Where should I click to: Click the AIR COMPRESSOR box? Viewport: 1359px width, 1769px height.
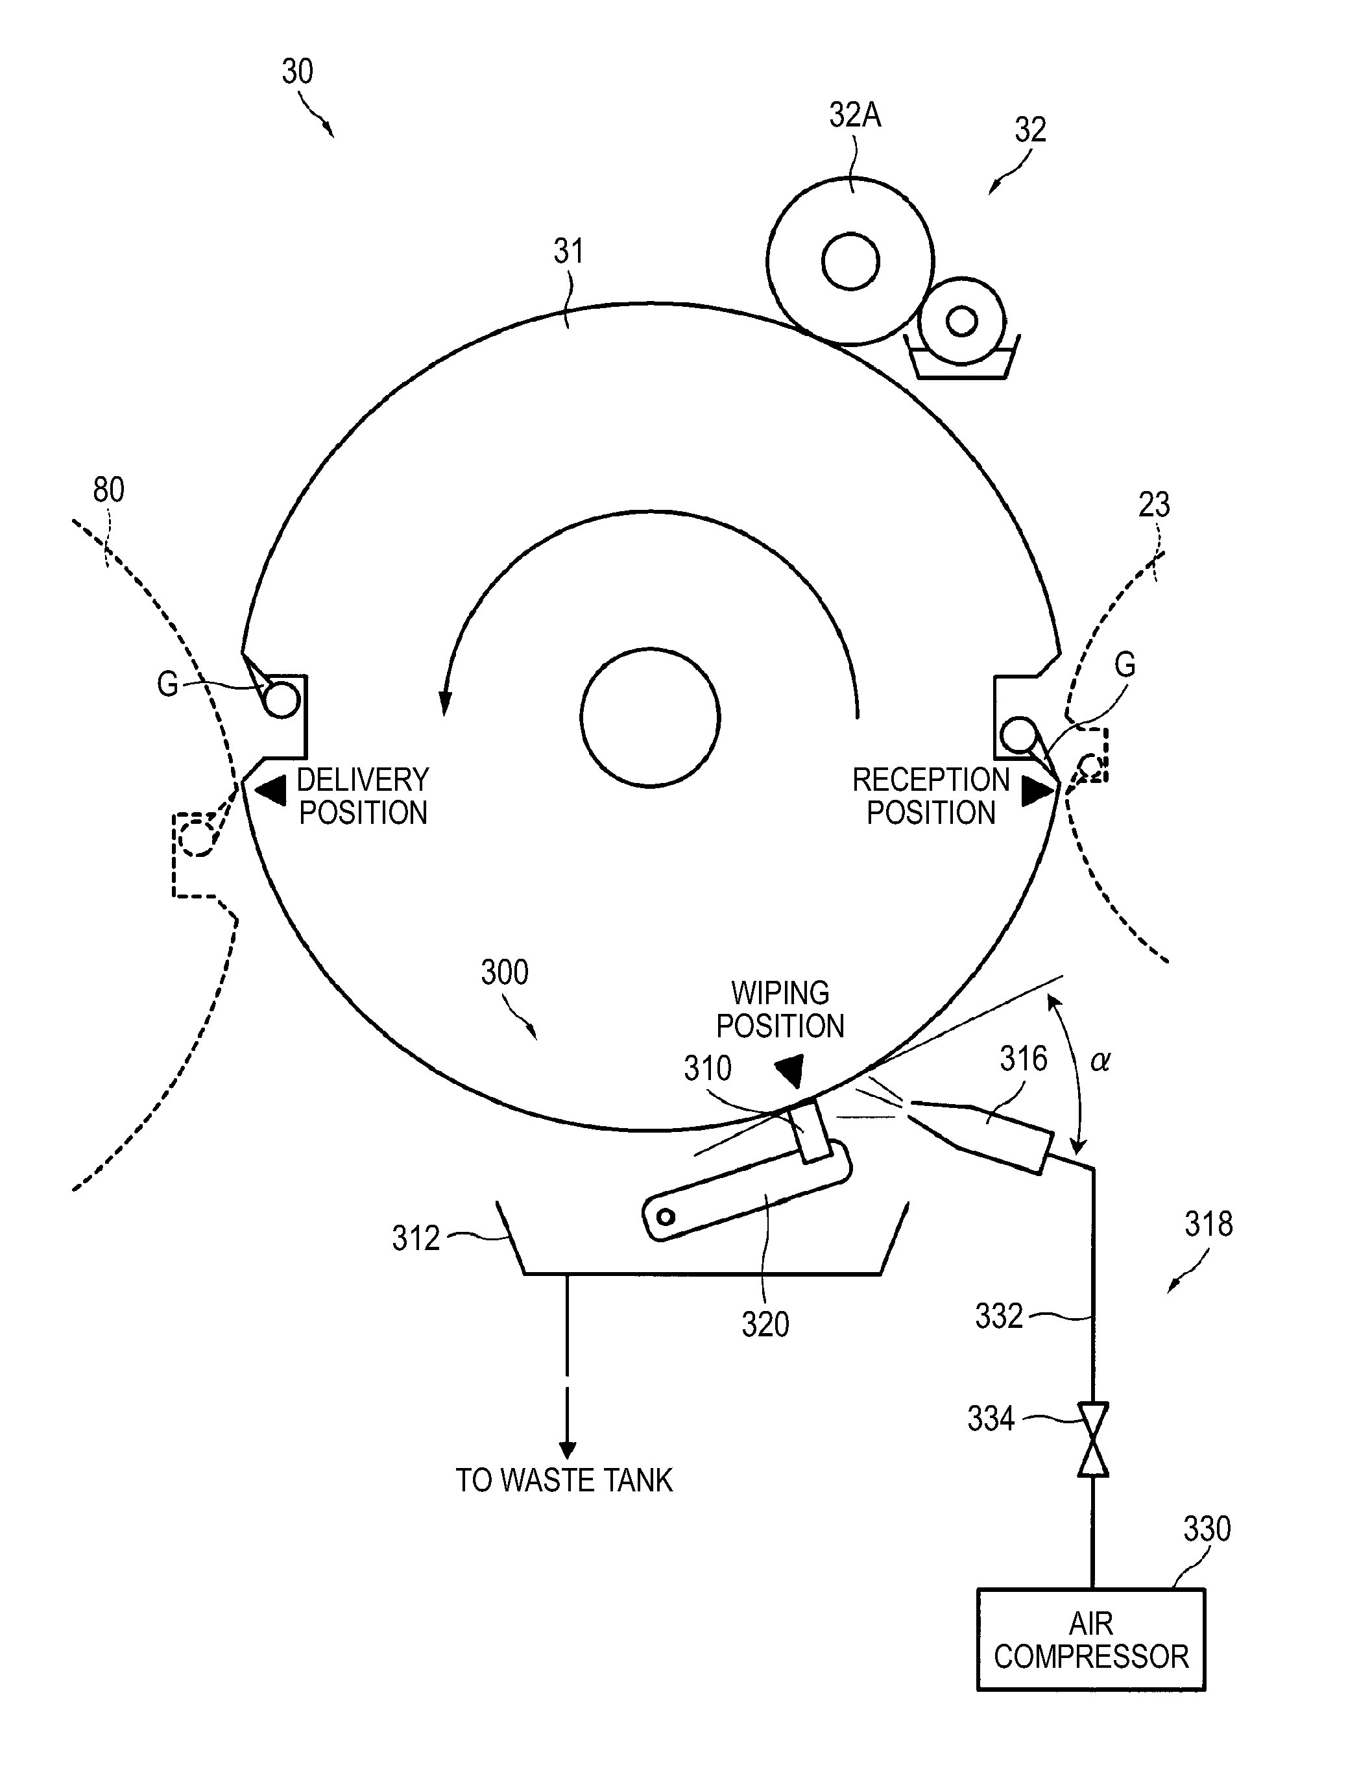[1090, 1639]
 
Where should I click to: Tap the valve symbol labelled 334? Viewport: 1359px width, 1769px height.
[1093, 1439]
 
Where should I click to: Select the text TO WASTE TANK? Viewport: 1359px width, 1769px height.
[564, 1480]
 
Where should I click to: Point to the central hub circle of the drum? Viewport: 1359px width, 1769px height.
[649, 717]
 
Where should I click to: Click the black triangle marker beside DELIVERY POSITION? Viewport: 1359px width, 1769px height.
[271, 790]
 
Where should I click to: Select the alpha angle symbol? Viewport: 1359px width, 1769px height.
[1100, 1061]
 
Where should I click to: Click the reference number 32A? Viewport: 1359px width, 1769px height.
[855, 115]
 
